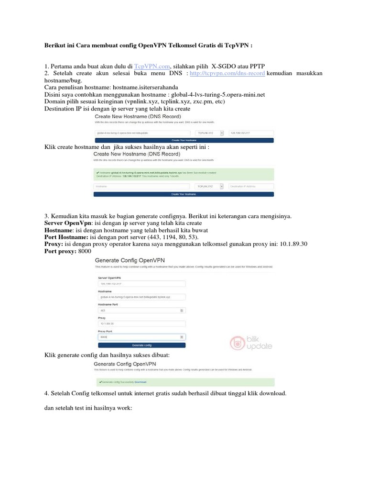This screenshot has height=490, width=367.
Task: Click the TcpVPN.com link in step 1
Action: click(151, 66)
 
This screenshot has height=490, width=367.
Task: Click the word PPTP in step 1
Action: click(257, 66)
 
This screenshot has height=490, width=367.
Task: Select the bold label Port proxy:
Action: click(59, 251)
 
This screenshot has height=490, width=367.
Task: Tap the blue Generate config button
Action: click(141, 345)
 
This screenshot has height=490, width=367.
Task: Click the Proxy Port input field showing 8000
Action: click(141, 337)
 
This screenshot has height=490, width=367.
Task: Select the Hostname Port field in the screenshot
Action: click(141, 310)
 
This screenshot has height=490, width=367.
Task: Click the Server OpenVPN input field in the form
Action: click(141, 283)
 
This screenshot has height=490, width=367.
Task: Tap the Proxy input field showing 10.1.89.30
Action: click(141, 323)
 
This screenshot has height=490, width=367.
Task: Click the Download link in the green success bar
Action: click(140, 382)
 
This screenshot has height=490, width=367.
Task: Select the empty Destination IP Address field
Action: click(251, 186)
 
